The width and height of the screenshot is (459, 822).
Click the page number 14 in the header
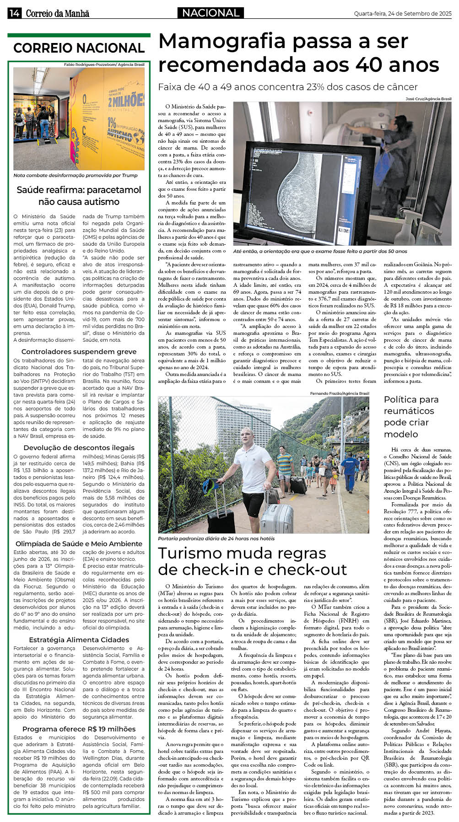coord(14,13)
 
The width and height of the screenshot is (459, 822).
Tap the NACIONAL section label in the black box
coord(211,13)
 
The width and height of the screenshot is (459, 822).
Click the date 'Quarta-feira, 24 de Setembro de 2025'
coord(402,14)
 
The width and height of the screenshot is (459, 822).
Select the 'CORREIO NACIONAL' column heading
coord(79,48)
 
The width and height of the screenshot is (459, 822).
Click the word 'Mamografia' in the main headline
coord(222,42)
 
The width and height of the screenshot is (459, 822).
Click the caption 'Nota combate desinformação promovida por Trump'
coord(76,175)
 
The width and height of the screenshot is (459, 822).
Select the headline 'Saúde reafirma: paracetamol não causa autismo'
coord(79,196)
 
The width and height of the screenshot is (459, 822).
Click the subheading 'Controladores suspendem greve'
coord(79,351)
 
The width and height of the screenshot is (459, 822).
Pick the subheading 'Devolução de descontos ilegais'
coord(79,447)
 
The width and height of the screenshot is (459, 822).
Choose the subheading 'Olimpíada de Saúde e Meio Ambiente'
coord(79,543)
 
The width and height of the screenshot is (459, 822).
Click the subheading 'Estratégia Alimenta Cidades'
coord(79,639)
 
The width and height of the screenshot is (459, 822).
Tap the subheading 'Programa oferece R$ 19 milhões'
coord(79,729)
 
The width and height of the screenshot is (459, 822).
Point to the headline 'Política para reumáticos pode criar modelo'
coord(411,417)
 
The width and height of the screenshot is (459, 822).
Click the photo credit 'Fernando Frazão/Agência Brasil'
coord(339,393)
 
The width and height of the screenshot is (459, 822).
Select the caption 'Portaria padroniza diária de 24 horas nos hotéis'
coord(216,538)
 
